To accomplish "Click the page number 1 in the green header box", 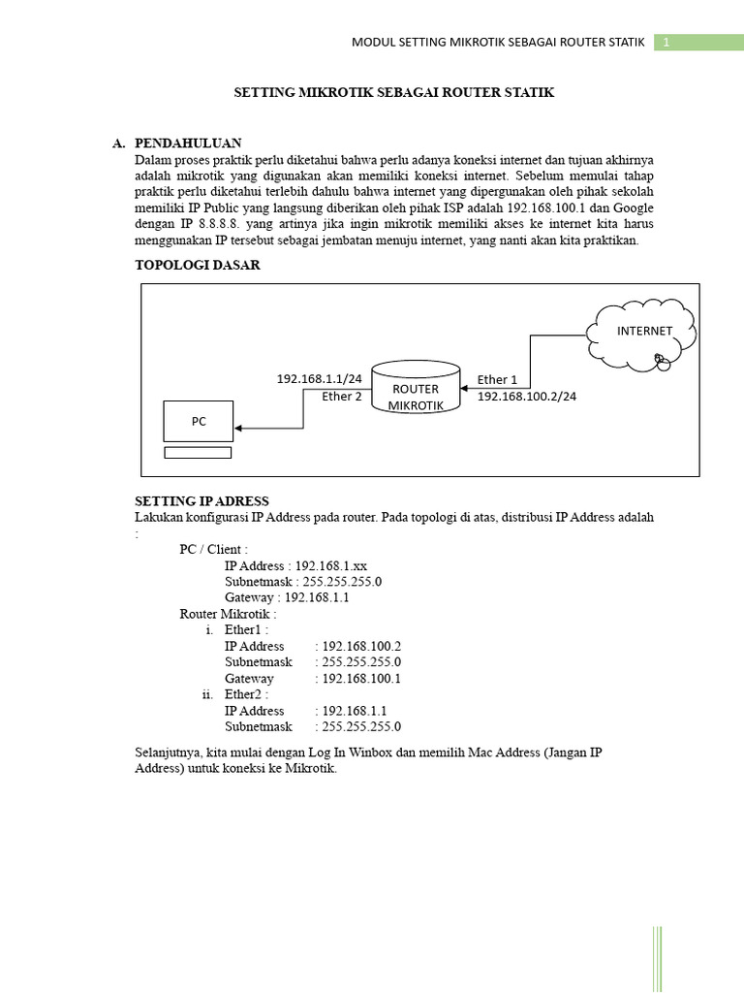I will coord(666,43).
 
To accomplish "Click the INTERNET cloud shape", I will coord(643,334).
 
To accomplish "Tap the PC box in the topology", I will coord(198,422).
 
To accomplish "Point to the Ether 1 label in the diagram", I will coord(497,379).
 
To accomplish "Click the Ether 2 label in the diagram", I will coord(341,396).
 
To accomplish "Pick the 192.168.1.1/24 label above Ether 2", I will coord(319,379).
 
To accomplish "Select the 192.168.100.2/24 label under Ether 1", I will coord(526,397).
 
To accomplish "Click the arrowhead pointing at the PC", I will coord(239,428).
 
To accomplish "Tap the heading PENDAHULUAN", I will coord(188,143).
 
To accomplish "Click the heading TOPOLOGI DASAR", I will coord(198,265).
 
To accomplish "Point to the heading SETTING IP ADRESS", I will coord(201,501).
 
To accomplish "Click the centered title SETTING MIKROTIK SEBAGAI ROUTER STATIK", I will coord(394,92).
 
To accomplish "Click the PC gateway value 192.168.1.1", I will coord(317,598).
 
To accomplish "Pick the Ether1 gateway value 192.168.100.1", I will coord(361,679).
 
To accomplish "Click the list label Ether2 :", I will coord(246,694).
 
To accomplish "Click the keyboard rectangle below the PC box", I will coord(198,452).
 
